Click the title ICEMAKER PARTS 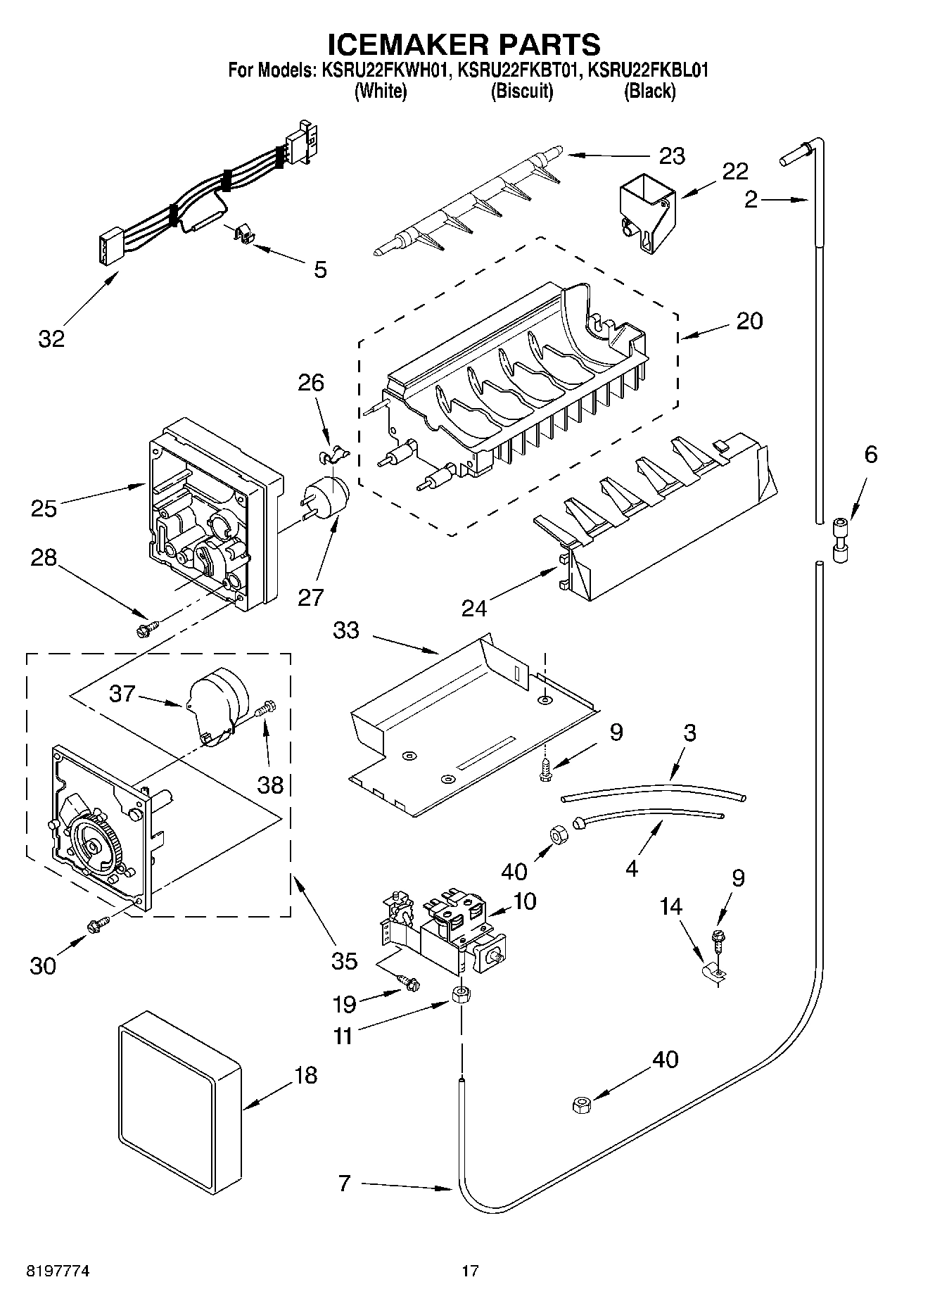(464, 44)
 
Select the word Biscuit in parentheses (521, 91)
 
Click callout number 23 (671, 156)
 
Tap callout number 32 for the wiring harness (51, 338)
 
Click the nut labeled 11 (461, 996)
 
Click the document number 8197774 (57, 1271)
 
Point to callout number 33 (345, 630)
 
